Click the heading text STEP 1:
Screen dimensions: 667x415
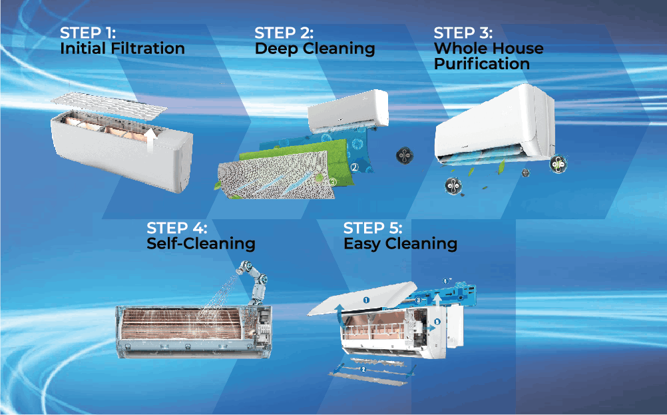88,33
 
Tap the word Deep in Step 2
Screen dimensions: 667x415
276,49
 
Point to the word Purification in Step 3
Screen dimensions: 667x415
482,64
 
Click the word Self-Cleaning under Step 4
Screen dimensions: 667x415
201,243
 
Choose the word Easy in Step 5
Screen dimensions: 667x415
362,244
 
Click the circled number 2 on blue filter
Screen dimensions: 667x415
354,167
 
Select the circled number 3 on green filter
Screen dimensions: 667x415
333,182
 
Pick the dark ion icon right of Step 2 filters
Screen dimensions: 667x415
405,156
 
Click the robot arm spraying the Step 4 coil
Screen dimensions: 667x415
255,282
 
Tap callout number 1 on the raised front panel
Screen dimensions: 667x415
366,300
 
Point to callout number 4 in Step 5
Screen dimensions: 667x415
445,281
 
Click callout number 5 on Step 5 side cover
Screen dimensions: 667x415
437,322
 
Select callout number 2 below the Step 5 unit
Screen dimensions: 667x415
363,369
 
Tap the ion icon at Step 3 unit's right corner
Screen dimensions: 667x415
558,164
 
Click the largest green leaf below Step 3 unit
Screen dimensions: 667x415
501,167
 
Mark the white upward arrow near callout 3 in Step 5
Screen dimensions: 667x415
437,301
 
